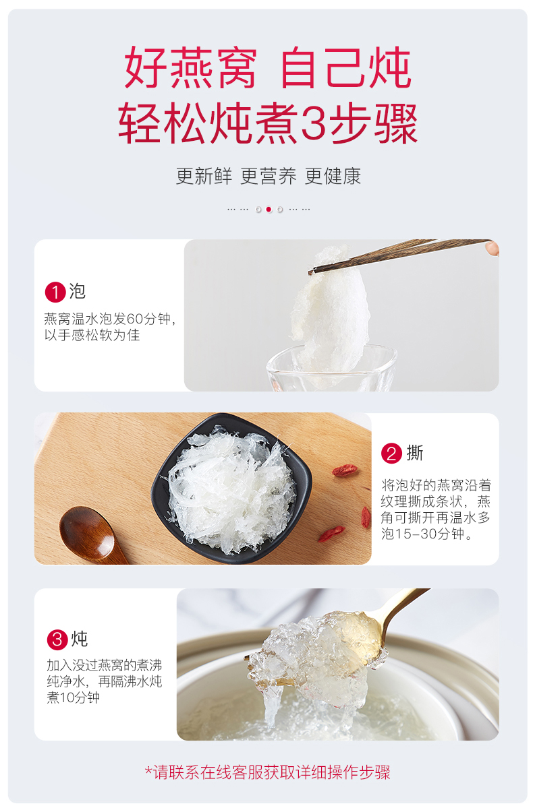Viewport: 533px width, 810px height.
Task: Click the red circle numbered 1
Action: tap(55, 292)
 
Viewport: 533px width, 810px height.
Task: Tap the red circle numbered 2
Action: tap(391, 454)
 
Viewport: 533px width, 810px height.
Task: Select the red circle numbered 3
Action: tap(57, 640)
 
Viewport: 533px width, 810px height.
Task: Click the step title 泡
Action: tap(77, 292)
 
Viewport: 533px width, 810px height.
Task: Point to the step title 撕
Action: tap(415, 453)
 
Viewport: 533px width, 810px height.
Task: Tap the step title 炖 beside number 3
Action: tap(80, 639)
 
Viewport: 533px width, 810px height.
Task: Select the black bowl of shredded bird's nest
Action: tap(231, 488)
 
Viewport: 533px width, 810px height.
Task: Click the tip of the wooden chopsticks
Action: tap(310, 272)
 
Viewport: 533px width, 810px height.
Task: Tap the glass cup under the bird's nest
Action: tap(331, 368)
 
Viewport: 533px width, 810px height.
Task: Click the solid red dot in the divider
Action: tap(269, 210)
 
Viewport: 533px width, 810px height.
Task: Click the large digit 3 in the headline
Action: tap(314, 123)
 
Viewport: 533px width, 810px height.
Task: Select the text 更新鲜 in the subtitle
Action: tap(204, 176)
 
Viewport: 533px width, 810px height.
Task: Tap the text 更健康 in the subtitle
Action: tap(333, 176)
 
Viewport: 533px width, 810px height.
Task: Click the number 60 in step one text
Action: tap(134, 319)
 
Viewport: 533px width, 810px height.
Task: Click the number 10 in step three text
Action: tap(67, 697)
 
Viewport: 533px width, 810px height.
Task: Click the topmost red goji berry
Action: tap(345, 470)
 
